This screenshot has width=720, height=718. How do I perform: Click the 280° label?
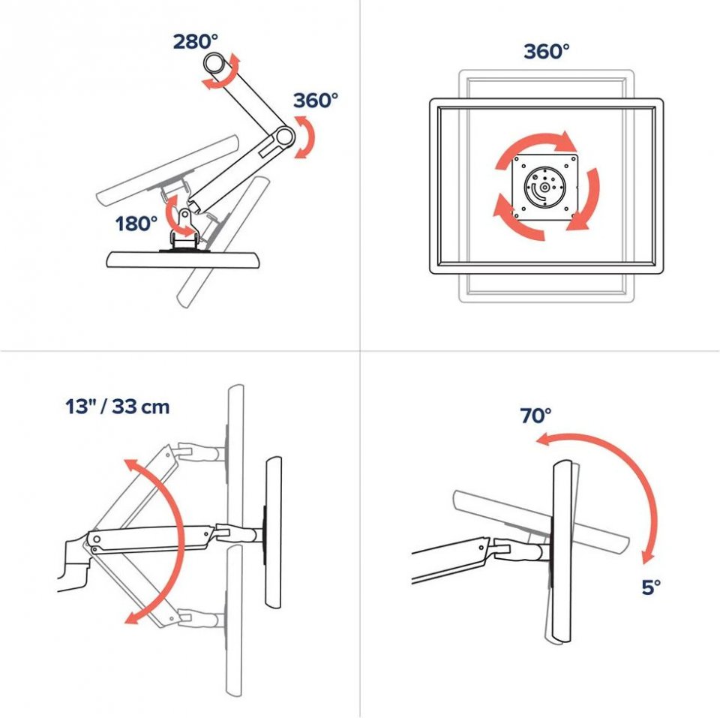195,42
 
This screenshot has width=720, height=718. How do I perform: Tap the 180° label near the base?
136,224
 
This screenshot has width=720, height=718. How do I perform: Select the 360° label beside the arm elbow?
316,100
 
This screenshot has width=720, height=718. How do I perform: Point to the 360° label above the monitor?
547,51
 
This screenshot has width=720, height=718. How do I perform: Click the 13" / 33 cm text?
118,407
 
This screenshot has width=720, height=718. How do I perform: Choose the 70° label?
535,416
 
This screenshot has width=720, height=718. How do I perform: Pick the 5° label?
651,587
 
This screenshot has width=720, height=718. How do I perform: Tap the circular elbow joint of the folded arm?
284,136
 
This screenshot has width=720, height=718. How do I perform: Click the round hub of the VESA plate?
544,187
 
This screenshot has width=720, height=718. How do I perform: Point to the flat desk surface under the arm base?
184,260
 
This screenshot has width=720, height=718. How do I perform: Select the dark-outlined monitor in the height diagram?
274,533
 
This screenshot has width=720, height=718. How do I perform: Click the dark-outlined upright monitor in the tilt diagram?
561,551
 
